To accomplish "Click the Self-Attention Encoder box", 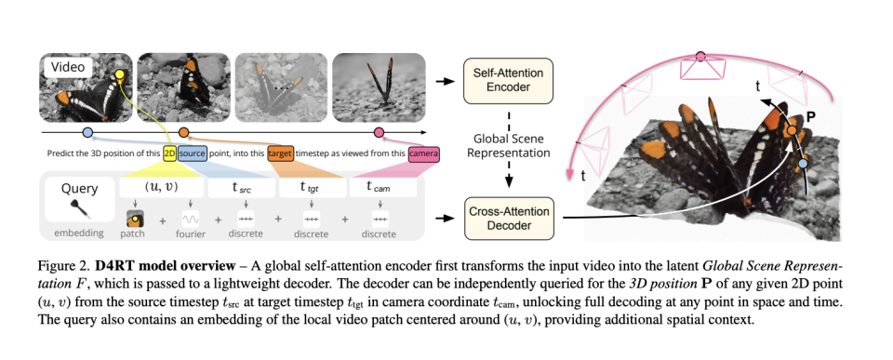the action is (x=508, y=80).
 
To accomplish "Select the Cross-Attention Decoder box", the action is (x=508, y=219).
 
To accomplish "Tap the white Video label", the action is (x=68, y=67).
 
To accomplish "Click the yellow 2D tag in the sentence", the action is (x=169, y=153).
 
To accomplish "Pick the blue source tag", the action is (x=192, y=153).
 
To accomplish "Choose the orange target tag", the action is (x=280, y=153).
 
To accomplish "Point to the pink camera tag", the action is (x=424, y=153).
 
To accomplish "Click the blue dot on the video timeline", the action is (x=87, y=133).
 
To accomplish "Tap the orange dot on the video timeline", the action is (x=183, y=133).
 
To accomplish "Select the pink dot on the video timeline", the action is (x=379, y=133).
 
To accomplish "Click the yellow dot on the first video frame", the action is (x=120, y=74).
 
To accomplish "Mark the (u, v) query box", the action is (x=161, y=187).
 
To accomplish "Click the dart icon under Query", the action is (x=80, y=210).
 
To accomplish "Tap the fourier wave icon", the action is (x=190, y=219).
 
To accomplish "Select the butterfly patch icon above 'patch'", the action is (x=135, y=219).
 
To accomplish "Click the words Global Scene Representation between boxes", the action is (x=509, y=146).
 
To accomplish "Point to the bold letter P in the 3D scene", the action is (x=811, y=117).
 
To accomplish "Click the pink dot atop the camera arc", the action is (x=700, y=57).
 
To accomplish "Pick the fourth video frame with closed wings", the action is (x=379, y=87).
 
